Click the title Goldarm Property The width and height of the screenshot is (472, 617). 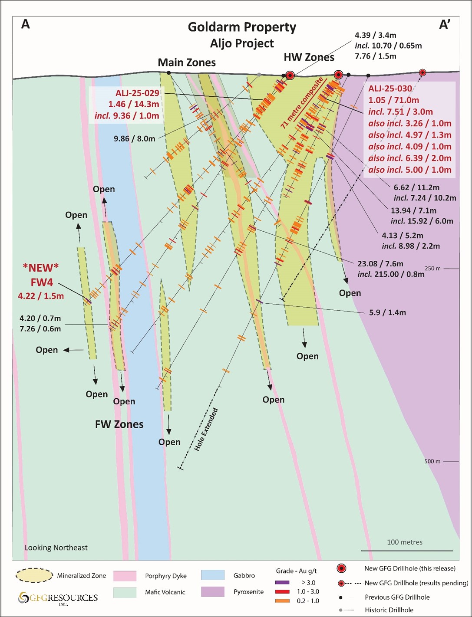tap(242, 27)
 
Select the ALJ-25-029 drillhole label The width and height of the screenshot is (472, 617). tap(137, 93)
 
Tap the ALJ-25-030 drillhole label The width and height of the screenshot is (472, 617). tap(390, 89)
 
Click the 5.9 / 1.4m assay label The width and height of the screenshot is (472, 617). tap(388, 312)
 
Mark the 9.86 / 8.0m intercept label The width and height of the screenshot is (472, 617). tap(134, 139)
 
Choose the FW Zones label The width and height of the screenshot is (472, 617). tap(119, 424)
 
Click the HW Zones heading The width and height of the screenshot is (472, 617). tap(309, 57)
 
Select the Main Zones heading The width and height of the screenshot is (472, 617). tap(187, 62)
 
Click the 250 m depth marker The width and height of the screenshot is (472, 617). tap(432, 269)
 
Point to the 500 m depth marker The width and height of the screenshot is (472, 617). tap(432, 461)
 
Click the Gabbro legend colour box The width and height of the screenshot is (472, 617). tap(213, 575)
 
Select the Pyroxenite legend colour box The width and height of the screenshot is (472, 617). tap(213, 592)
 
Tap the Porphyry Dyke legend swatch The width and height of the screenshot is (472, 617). tap(125, 576)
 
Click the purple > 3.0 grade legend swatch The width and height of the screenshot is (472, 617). tap(282, 582)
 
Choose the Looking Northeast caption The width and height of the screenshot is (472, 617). tap(56, 548)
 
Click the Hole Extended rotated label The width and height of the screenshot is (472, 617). tap(206, 430)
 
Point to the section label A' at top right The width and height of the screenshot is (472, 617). tap(445, 25)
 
